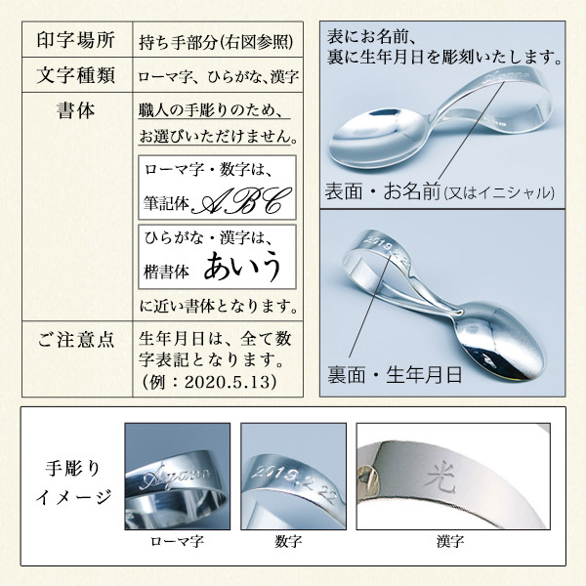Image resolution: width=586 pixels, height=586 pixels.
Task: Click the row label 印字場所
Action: click(x=75, y=40)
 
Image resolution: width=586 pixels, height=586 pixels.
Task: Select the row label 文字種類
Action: click(x=75, y=74)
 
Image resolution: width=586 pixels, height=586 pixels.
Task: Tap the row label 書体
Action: click(x=75, y=110)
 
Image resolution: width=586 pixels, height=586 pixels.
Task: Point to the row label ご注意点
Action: click(x=75, y=340)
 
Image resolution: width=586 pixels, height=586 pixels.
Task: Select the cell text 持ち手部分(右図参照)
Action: click(x=220, y=41)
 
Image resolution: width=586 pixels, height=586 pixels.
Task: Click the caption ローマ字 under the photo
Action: click(x=177, y=539)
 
